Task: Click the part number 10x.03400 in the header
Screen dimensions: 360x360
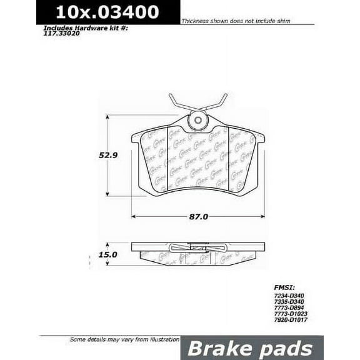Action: click(x=107, y=12)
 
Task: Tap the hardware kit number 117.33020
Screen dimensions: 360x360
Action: click(x=62, y=35)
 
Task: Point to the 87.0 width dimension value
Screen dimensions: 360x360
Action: click(x=199, y=217)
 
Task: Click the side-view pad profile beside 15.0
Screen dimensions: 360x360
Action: click(x=197, y=254)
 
